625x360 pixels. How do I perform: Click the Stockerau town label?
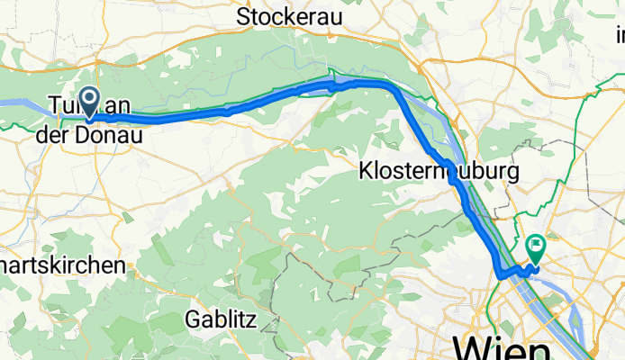pyautogui.click(x=285, y=16)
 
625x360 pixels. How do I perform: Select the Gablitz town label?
pyautogui.click(x=221, y=319)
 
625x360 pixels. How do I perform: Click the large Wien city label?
pyautogui.click(x=502, y=347)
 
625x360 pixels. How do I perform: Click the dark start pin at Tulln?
pyautogui.click(x=90, y=103)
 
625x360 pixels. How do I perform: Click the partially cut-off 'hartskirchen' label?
pyautogui.click(x=62, y=266)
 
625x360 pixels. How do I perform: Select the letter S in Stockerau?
pyautogui.click(x=243, y=16)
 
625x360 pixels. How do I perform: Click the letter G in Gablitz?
pyautogui.click(x=195, y=319)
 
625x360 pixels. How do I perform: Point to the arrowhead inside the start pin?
pyautogui.click(x=90, y=98)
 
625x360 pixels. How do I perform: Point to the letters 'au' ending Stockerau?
pyautogui.click(x=324, y=16)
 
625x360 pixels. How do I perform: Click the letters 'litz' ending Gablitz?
pyautogui.click(x=241, y=319)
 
